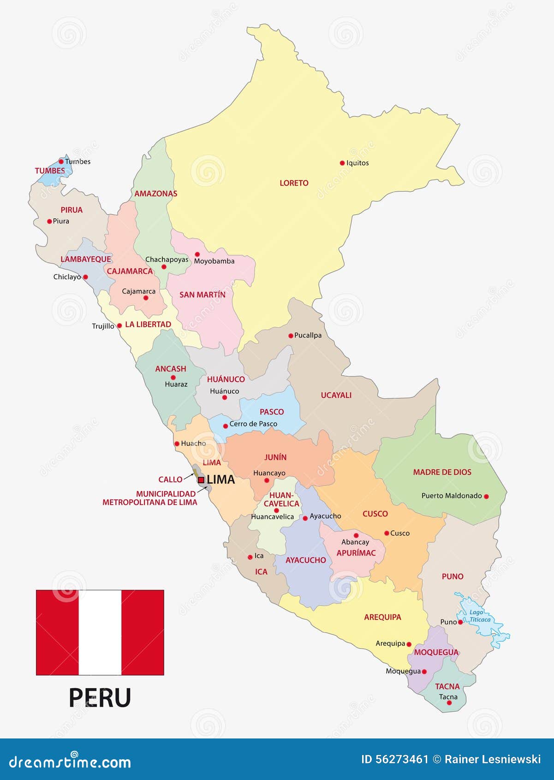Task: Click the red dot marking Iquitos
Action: point(342,163)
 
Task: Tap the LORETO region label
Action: point(294,183)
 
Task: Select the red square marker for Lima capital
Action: point(201,480)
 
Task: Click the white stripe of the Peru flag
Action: point(100,632)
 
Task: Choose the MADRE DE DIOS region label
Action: point(442,472)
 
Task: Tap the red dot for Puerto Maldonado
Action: point(486,497)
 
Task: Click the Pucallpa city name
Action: point(308,336)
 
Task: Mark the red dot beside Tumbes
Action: point(61,162)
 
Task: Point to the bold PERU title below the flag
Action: point(100,698)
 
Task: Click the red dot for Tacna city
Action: point(449,703)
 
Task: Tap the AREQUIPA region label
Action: point(382,617)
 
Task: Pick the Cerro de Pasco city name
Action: point(253,424)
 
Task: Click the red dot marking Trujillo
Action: point(119,325)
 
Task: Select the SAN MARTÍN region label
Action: point(203,294)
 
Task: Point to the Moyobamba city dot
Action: point(197,254)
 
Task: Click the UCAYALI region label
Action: point(336,395)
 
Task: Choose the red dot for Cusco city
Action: point(387,533)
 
